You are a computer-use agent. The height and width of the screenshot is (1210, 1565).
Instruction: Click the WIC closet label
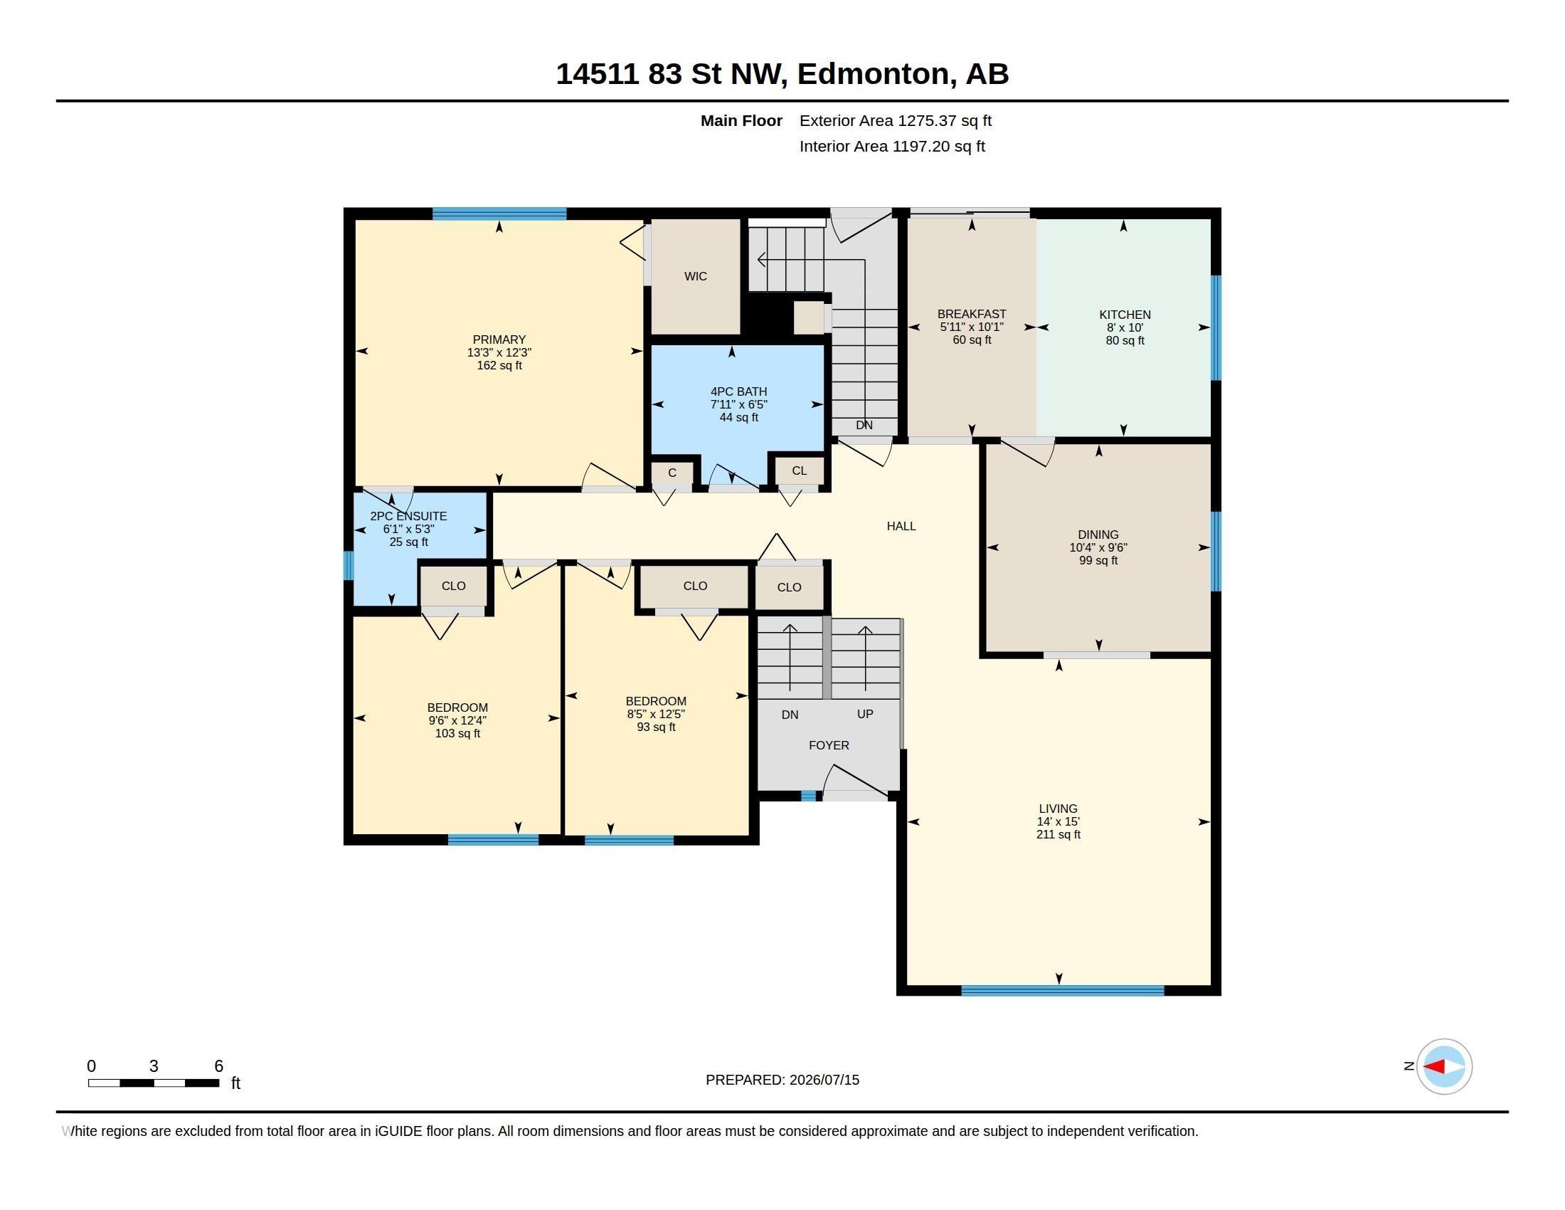pos(695,277)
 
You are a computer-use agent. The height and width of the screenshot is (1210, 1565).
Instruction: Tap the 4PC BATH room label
pos(739,392)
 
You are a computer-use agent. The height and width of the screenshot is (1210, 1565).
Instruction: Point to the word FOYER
pos(829,745)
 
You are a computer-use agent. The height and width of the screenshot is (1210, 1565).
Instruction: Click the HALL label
pos(901,526)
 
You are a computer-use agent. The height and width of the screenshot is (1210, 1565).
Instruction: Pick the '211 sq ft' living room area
pos(1059,835)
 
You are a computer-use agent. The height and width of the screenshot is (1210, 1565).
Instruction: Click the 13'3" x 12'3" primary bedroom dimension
pos(499,352)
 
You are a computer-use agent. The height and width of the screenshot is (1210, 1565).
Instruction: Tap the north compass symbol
pos(1444,1067)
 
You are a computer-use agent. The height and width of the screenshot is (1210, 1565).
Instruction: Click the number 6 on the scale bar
pos(218,1066)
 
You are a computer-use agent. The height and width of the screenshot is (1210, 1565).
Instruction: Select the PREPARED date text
pos(782,1080)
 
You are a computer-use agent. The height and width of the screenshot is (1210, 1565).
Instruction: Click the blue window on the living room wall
pos(1063,991)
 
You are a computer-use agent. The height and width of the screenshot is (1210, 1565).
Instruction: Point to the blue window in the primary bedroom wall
pos(499,213)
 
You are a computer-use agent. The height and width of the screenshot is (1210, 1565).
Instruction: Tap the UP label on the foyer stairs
pos(865,715)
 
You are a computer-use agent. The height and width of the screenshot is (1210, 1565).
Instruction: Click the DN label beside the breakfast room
pos(864,425)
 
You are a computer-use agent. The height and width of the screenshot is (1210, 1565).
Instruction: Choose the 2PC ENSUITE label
pos(408,516)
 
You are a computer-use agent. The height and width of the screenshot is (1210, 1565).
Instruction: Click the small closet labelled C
pos(672,473)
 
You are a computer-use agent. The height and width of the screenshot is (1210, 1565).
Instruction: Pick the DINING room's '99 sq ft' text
pos(1098,561)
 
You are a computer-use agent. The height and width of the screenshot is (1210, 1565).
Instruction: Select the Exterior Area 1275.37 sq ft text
pos(896,121)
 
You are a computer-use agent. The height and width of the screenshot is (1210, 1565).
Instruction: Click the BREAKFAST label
pos(972,314)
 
